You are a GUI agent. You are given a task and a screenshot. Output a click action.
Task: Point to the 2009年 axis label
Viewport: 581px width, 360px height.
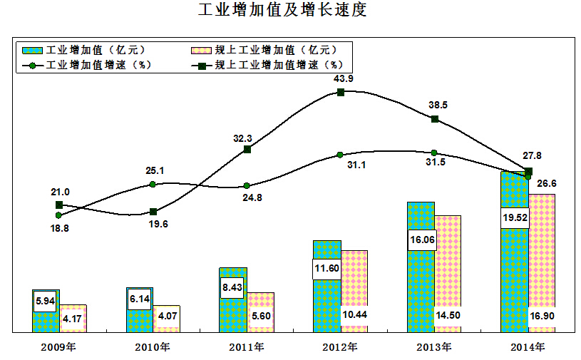pos(58,347)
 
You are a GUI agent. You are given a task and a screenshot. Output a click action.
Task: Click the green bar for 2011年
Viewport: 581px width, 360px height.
pos(233,299)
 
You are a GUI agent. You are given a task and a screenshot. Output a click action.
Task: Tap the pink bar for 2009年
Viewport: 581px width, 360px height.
pos(73,318)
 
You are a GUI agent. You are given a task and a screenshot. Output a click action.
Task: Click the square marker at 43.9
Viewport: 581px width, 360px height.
pos(341,92)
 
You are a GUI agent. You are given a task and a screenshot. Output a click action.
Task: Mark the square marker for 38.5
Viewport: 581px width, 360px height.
pos(435,119)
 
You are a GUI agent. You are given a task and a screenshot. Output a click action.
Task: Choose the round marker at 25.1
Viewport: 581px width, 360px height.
pos(153,184)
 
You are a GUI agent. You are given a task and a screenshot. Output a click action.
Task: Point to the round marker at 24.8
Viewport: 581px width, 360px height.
pos(247,185)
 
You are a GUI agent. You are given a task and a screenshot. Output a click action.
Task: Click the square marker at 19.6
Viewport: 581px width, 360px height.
pos(153,212)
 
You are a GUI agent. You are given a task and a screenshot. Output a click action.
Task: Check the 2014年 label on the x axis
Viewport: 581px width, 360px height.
pos(528,347)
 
